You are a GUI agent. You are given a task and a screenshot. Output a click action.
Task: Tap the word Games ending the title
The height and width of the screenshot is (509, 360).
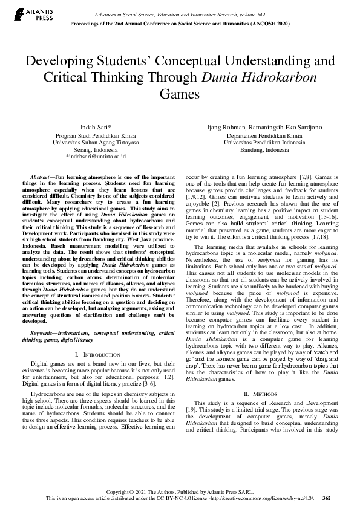(180, 94)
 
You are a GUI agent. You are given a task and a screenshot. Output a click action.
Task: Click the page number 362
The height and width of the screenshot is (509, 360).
(327, 498)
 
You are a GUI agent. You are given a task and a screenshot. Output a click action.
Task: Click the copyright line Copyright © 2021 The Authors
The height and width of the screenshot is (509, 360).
(180, 491)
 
